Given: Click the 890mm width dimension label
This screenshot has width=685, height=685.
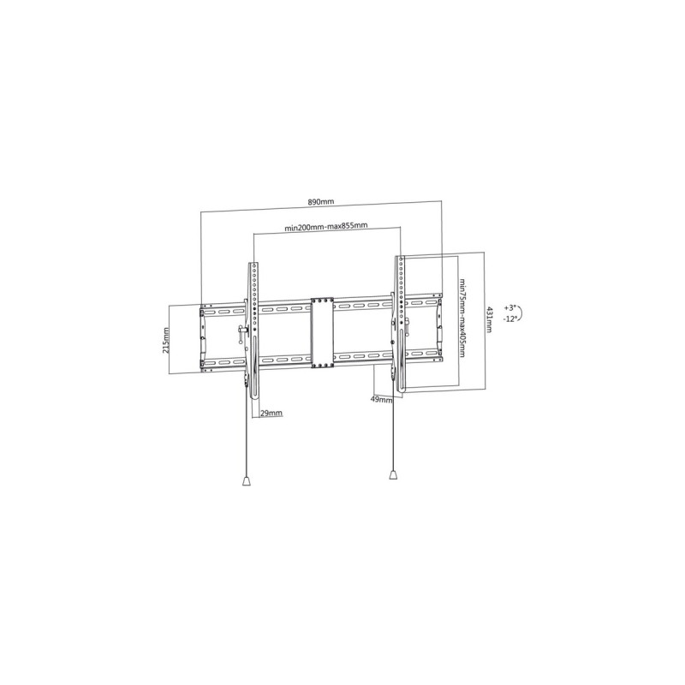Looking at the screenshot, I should (320, 202).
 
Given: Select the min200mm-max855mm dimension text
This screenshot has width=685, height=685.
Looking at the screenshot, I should (326, 227).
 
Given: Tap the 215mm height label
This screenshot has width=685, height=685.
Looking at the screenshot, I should (166, 339).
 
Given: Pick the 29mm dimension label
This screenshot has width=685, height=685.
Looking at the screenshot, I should (271, 413).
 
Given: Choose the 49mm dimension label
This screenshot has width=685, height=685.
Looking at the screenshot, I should (378, 399).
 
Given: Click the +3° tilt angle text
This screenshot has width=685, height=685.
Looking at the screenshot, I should (510, 307).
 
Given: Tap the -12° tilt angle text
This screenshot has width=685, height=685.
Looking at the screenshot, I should (510, 319).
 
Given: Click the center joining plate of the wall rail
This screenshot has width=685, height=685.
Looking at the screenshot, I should (322, 333).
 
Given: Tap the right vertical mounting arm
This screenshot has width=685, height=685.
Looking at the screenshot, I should (398, 325).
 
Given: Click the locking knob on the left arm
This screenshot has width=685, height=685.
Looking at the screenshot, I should (241, 332).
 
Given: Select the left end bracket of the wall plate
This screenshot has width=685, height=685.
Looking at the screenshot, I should (203, 334).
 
